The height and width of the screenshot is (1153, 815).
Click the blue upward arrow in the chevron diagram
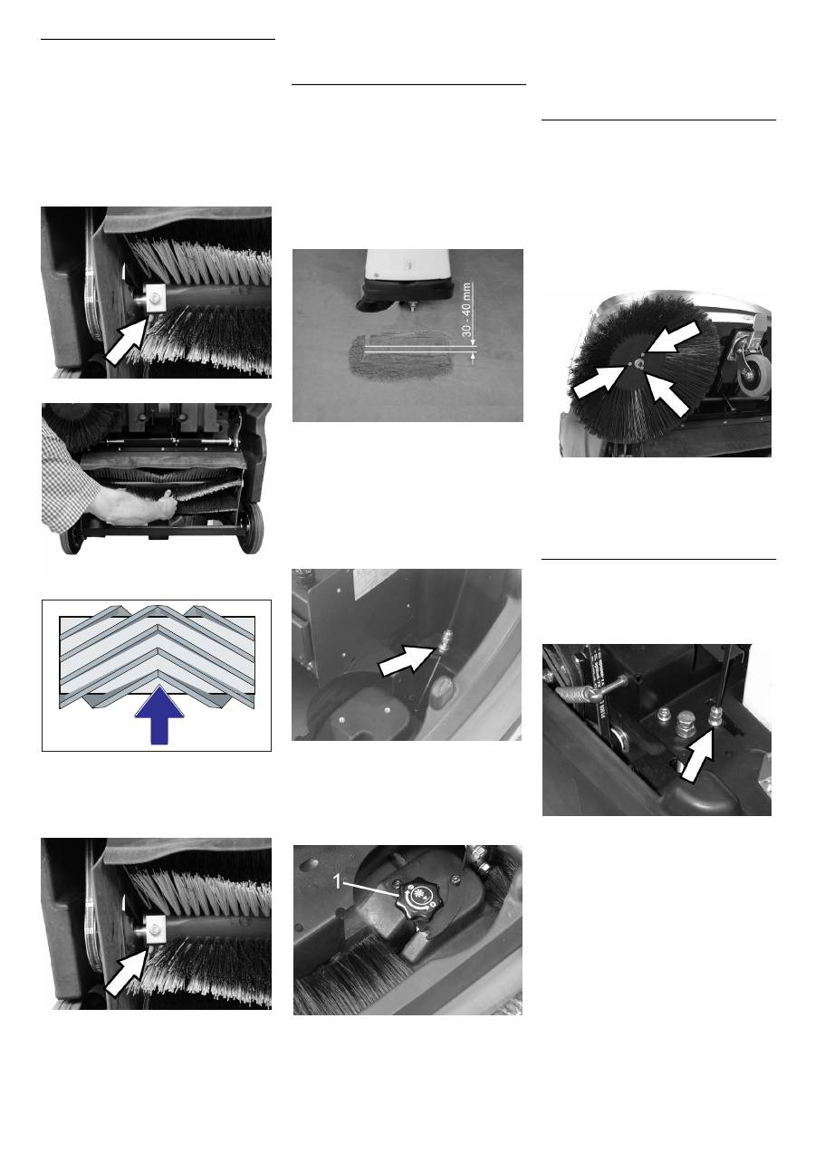[159, 715]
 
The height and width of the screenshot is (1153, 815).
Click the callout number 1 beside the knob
[337, 882]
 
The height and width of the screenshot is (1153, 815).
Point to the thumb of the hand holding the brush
[167, 496]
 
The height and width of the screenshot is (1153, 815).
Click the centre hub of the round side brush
[639, 363]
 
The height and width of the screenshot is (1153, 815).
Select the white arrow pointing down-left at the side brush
[673, 333]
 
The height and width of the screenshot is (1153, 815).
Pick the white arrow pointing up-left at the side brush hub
[668, 395]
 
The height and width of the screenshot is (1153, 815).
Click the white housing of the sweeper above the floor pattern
[406, 264]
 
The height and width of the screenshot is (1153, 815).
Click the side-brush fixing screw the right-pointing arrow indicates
[629, 363]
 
